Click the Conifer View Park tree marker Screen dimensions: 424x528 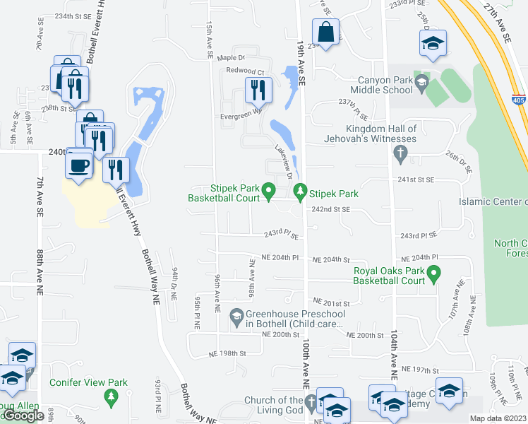(110, 397)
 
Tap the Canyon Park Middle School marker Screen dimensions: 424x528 (421, 83)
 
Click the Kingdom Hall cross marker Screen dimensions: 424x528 (400, 152)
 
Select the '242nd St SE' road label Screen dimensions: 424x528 (331, 210)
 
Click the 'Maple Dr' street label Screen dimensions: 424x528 (230, 58)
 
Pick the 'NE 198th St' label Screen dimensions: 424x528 (227, 353)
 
